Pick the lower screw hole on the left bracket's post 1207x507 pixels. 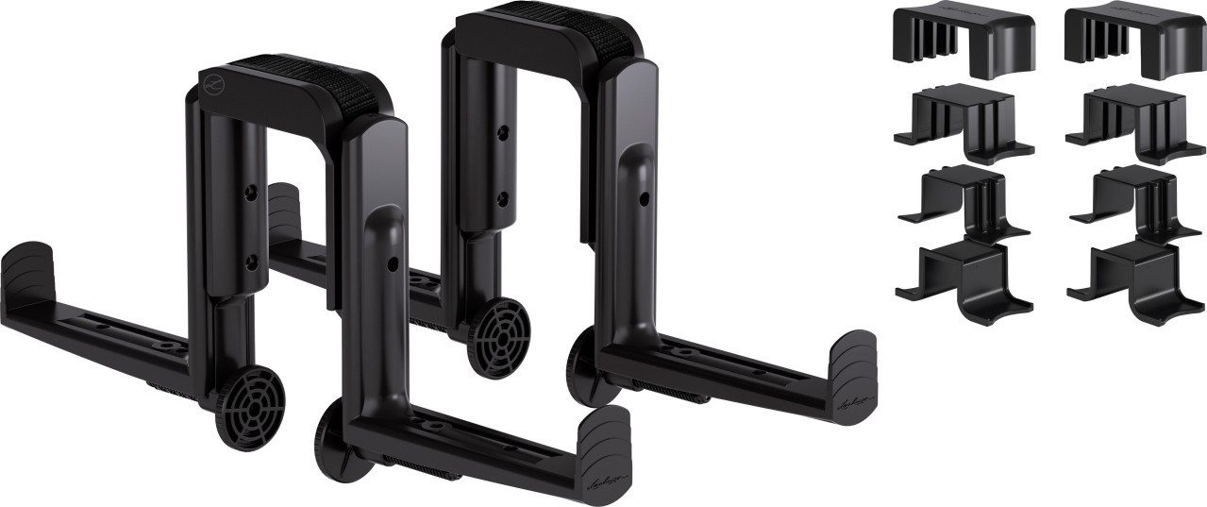point(250,259)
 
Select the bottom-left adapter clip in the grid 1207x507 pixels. point(964,278)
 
